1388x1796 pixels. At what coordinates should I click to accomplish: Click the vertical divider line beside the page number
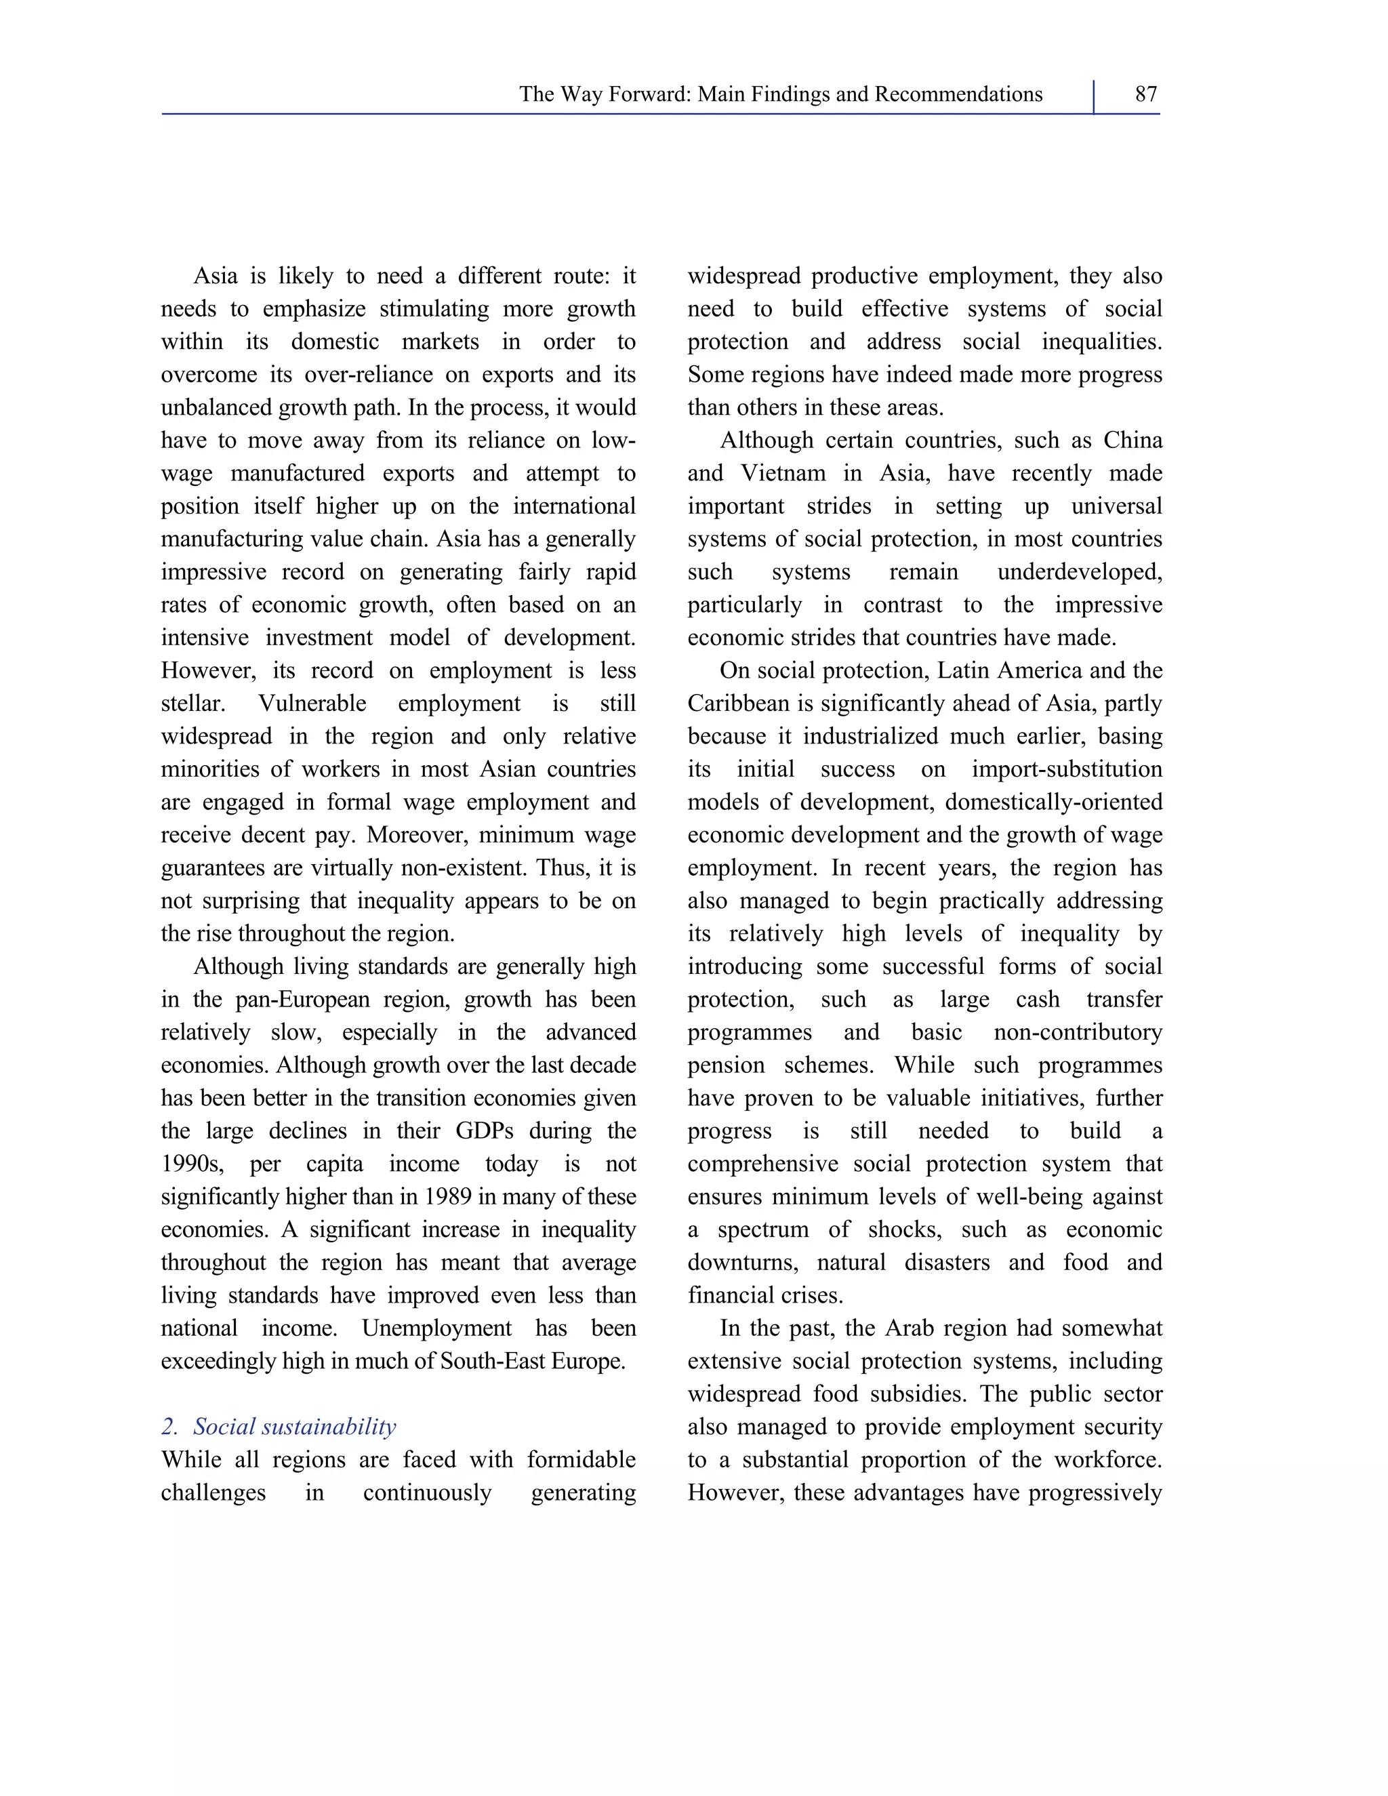click(1094, 97)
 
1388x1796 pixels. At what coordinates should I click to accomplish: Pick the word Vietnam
click(782, 474)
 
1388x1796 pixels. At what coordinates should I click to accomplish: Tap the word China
click(1132, 441)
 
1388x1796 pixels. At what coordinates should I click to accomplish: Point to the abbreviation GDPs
click(485, 1132)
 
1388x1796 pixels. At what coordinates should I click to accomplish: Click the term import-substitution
click(1067, 770)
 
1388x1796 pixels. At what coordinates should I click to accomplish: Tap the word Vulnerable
click(312, 704)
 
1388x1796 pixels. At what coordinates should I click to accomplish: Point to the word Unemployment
click(436, 1329)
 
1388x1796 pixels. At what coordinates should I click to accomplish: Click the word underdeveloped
click(1080, 573)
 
